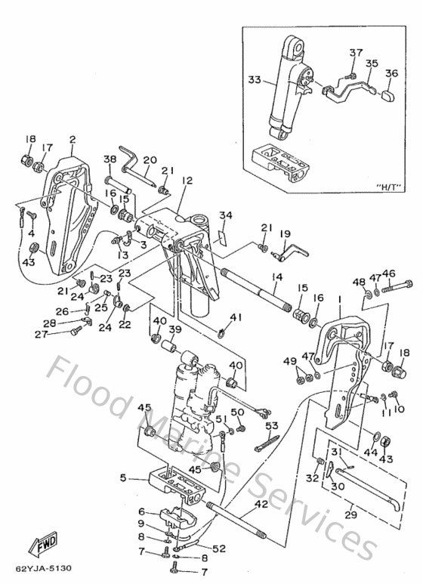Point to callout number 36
tap(391, 73)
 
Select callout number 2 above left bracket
tap(73, 139)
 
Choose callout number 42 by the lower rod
tap(261, 504)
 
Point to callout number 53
tap(272, 426)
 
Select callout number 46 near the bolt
tap(388, 273)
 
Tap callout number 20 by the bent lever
tap(150, 160)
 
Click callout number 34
tap(225, 216)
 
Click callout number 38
tap(110, 159)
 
